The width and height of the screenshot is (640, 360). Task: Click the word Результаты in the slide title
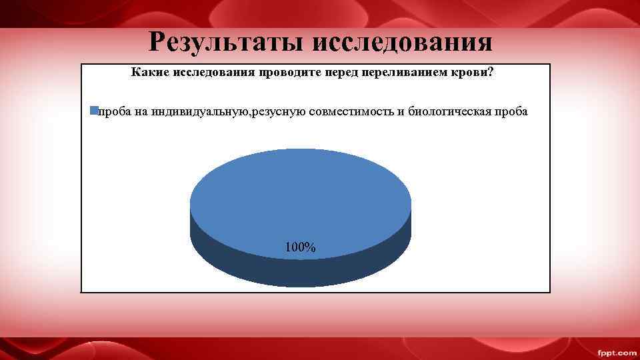226,42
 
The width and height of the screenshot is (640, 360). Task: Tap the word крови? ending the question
476,71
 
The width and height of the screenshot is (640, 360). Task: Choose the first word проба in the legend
114,111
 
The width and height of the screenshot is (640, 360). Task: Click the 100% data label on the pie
300,247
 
